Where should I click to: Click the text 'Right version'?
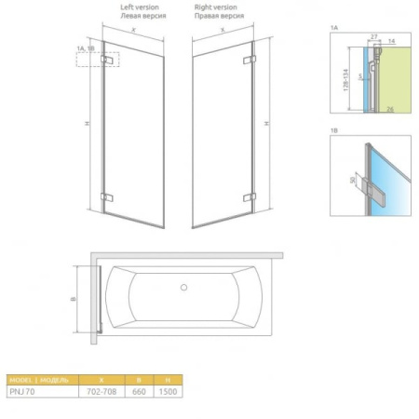click(220, 7)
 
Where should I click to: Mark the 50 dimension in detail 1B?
click(354, 175)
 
